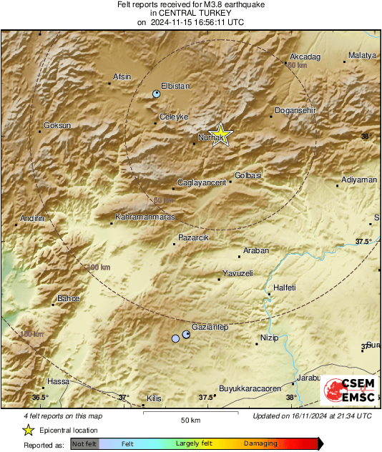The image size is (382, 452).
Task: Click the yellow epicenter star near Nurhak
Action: click(x=222, y=134)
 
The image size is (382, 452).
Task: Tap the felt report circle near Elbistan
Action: click(x=157, y=94)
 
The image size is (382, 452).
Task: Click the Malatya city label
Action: click(x=361, y=56)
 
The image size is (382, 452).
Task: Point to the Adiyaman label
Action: click(x=359, y=180)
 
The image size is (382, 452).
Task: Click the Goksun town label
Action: click(x=57, y=125)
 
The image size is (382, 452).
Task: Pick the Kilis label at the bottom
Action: click(x=154, y=398)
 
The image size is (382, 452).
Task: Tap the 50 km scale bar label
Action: click(x=190, y=420)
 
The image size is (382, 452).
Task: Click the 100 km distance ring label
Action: click(x=98, y=267)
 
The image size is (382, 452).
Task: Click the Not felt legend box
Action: click(x=84, y=443)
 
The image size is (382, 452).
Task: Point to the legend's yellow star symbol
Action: click(x=28, y=430)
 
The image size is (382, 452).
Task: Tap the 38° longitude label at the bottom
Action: click(x=290, y=398)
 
